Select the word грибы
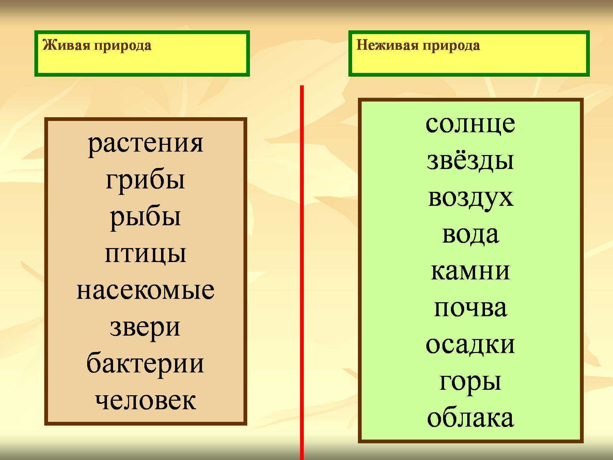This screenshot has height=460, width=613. (x=145, y=181)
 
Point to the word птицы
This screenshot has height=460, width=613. (x=145, y=254)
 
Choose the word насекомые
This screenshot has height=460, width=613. (x=145, y=290)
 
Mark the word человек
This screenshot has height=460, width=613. (x=145, y=400)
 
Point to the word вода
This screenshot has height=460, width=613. (x=470, y=234)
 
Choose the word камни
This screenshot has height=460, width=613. (x=470, y=271)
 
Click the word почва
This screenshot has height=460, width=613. (x=470, y=308)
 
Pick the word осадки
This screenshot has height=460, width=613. (x=470, y=344)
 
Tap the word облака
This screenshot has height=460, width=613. (x=470, y=417)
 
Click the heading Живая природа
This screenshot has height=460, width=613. (x=97, y=45)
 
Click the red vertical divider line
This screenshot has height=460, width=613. (x=302, y=273)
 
